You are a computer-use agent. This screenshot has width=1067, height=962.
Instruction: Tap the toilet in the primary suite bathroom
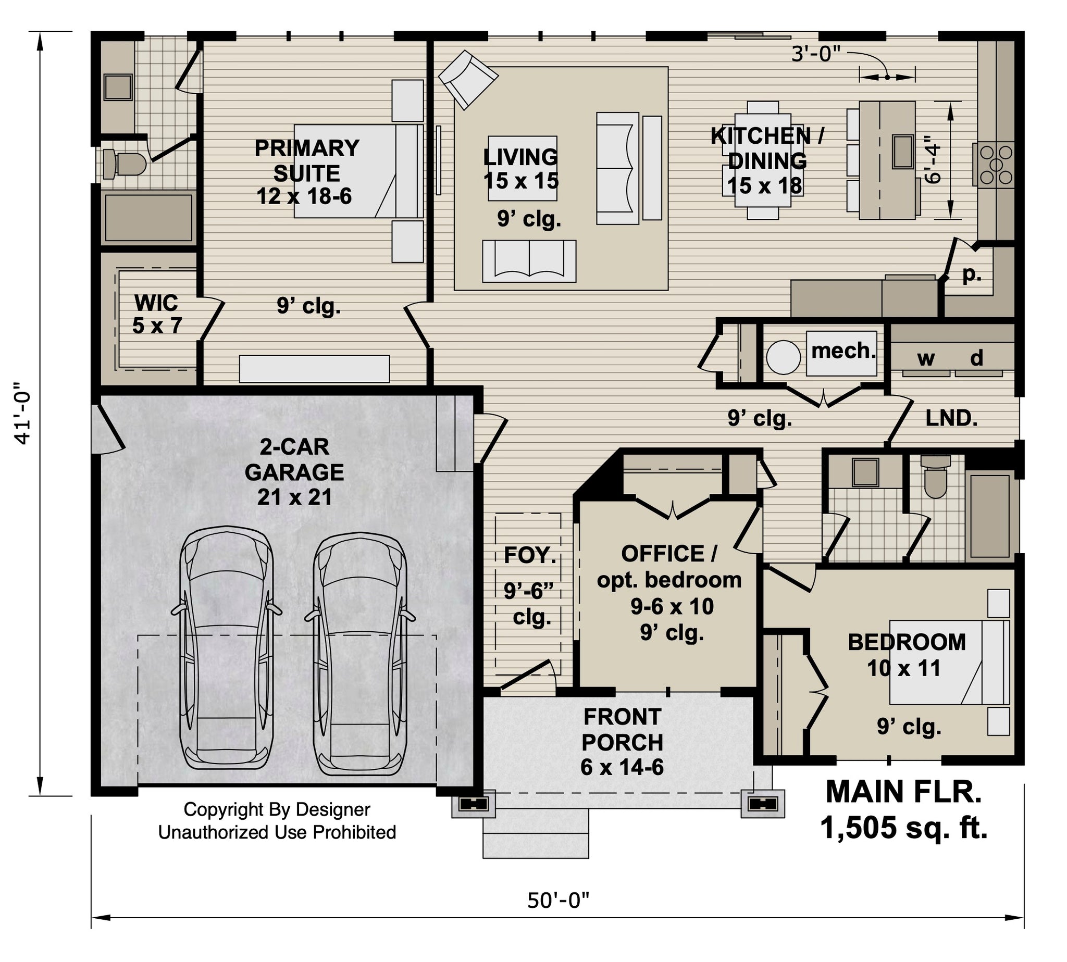click(123, 163)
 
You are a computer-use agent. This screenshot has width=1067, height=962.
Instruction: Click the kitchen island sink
click(902, 151)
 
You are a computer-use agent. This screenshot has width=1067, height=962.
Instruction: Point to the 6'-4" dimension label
click(934, 160)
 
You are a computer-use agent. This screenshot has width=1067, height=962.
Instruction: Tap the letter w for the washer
click(925, 359)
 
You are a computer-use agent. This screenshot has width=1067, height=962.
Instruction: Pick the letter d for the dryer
click(976, 358)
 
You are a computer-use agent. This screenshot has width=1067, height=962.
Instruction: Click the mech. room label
click(843, 351)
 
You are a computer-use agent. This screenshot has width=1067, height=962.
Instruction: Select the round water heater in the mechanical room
click(783, 357)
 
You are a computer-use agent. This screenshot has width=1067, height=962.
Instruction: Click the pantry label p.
click(972, 274)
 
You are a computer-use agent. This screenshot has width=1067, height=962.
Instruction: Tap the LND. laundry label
click(951, 418)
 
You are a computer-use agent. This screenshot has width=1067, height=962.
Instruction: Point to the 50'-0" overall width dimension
click(557, 900)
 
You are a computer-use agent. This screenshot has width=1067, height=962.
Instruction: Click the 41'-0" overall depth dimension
click(24, 413)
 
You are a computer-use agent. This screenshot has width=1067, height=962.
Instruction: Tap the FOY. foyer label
click(530, 556)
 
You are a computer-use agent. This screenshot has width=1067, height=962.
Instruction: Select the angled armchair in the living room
click(468, 79)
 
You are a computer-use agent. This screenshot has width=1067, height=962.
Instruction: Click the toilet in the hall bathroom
click(935, 478)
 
